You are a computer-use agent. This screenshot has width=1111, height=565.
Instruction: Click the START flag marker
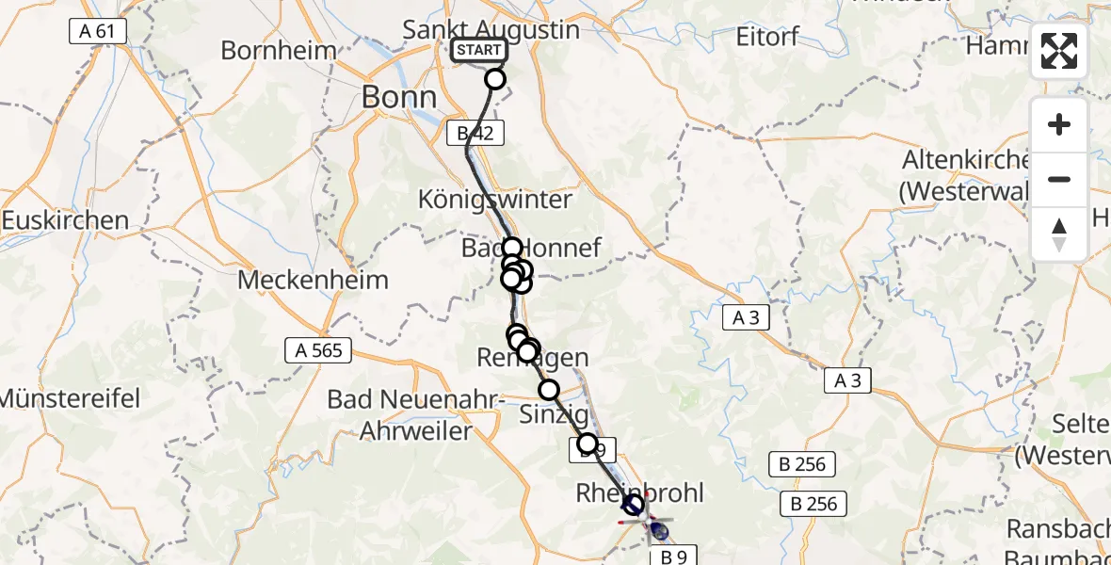479,50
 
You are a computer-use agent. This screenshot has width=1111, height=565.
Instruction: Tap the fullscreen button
1059,51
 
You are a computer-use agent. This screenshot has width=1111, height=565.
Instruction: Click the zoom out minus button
1059,179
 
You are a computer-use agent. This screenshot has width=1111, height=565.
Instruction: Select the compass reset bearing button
1059,234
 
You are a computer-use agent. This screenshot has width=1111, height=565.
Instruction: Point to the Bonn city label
400,97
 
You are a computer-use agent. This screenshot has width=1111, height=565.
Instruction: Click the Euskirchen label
65,220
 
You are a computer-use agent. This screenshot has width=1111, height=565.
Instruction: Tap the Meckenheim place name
313,280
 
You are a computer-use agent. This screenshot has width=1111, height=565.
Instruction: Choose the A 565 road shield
318,351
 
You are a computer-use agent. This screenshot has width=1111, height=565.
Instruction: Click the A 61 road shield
98,31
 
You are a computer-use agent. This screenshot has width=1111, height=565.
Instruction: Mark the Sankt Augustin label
491,29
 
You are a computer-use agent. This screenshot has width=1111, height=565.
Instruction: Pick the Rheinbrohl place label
639,492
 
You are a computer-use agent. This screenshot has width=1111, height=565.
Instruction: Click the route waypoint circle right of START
495,79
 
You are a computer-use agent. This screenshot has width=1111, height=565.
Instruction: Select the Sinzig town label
555,414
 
